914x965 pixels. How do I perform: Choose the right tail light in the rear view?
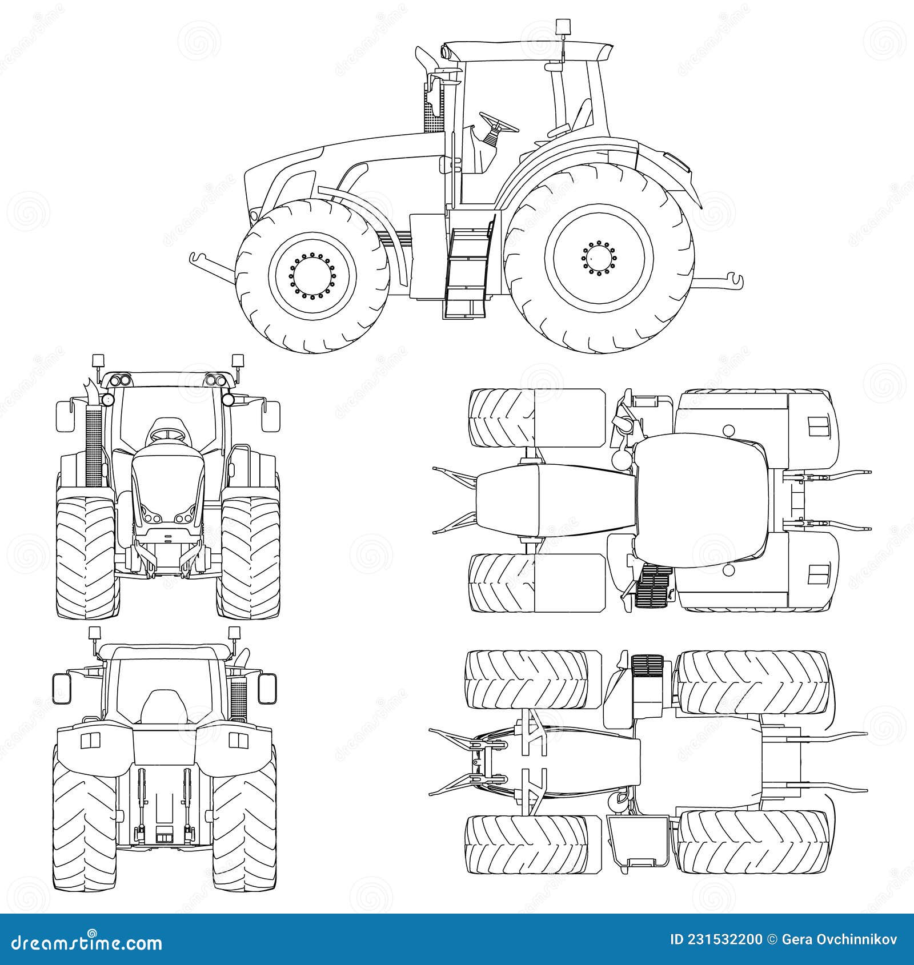pyautogui.click(x=235, y=740)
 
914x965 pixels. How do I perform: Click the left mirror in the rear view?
pyautogui.click(x=61, y=688)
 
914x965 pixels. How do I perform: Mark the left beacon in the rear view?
pyautogui.click(x=93, y=633)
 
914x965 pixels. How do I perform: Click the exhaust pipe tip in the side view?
pyautogui.click(x=421, y=55)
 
